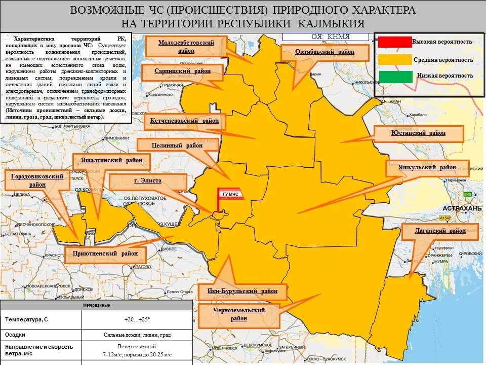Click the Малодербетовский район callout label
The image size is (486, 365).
click(x=186, y=46)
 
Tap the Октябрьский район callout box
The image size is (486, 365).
click(x=325, y=52)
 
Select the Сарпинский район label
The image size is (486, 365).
click(x=182, y=71)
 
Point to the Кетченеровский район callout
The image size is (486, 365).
click(x=184, y=121)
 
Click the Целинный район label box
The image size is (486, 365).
click(x=177, y=145)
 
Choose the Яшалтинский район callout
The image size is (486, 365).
click(x=111, y=160)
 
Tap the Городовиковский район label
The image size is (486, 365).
click(x=37, y=180)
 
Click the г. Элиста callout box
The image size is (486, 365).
click(x=148, y=181)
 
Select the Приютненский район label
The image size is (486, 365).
click(x=105, y=253)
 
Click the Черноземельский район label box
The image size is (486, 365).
click(x=239, y=314)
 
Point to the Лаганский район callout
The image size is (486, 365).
click(x=440, y=231)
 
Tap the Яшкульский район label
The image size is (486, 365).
click(x=427, y=168)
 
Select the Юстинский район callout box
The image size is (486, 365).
click(x=418, y=133)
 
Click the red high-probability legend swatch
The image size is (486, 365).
click(x=394, y=42)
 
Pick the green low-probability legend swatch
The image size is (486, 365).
click(x=394, y=76)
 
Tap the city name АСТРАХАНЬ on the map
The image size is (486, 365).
click(x=461, y=208)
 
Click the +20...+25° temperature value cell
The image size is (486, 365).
click(x=137, y=319)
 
